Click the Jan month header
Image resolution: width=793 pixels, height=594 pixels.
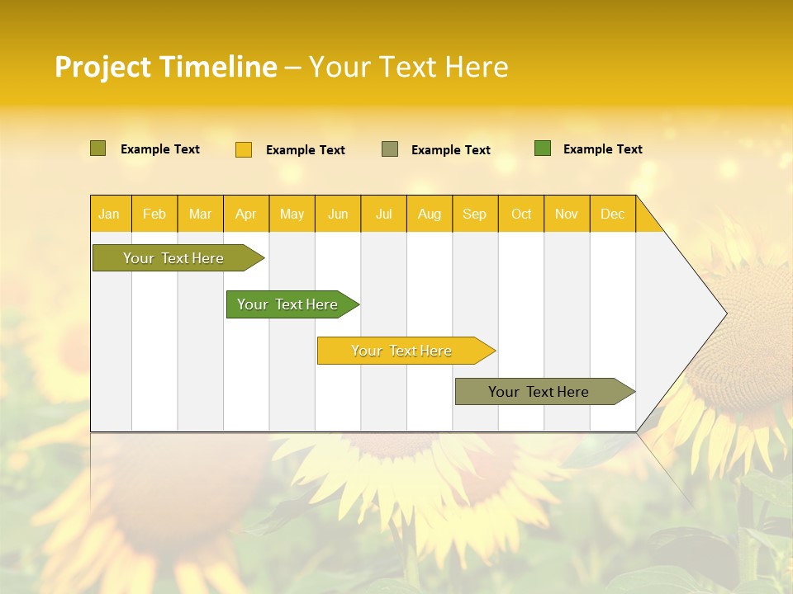click(x=109, y=214)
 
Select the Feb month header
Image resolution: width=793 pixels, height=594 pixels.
click(x=154, y=214)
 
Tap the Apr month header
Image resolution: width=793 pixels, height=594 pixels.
click(x=246, y=214)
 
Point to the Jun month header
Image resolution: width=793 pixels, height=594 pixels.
click(x=338, y=214)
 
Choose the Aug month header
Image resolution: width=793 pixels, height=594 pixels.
click(x=430, y=214)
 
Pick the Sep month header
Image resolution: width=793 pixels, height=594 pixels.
click(x=475, y=214)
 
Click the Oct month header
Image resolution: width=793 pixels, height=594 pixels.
click(x=521, y=214)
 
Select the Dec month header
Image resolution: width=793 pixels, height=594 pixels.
click(x=613, y=214)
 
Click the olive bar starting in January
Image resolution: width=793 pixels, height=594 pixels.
click(x=174, y=258)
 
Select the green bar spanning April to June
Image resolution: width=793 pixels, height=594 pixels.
click(x=288, y=304)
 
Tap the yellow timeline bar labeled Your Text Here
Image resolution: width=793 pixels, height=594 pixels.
click(x=402, y=351)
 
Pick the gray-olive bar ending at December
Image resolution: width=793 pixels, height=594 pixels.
click(x=539, y=392)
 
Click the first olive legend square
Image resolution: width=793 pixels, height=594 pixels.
click(x=98, y=148)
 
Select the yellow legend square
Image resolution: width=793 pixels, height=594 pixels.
click(x=244, y=149)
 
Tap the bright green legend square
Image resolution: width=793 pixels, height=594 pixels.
click(x=543, y=148)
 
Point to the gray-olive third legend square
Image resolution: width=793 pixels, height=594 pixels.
click(x=390, y=149)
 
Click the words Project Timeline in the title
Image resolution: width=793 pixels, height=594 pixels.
click(x=166, y=67)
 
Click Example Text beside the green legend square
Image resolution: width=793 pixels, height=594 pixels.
click(x=602, y=149)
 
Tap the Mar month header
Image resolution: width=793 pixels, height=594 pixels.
click(x=200, y=214)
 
